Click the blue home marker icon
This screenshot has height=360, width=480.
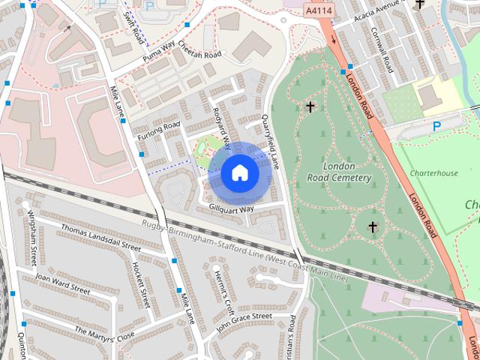239,173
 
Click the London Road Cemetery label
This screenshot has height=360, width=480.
340,172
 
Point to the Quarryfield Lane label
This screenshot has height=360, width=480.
269,140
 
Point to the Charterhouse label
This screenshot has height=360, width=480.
433,173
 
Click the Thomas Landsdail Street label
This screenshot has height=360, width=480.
100,237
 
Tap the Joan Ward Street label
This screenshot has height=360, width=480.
62,283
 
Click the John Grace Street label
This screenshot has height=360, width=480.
243,321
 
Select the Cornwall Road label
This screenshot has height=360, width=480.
381,49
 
